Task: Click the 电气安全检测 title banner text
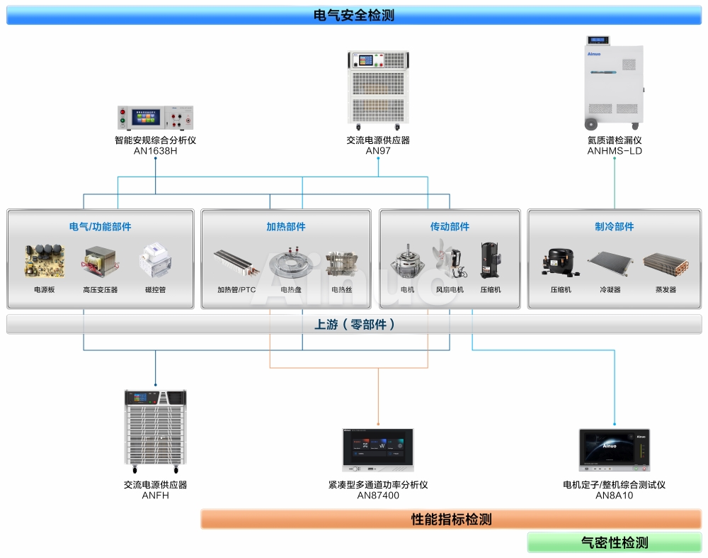coord(353,15)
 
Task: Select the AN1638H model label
coord(155,151)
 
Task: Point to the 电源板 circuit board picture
coord(44,262)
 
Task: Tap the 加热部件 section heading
coord(286,227)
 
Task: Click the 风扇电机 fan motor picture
coord(449,260)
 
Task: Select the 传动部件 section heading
coord(450,227)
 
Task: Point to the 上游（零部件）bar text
coord(355,324)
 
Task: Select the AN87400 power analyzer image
coord(378,449)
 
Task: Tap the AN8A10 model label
coord(614,496)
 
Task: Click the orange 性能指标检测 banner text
coord(451,519)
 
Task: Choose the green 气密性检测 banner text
coord(614,542)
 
